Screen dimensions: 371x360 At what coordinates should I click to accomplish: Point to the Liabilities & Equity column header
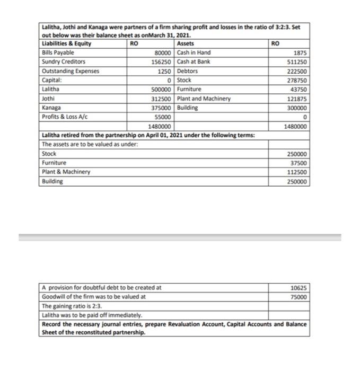66,44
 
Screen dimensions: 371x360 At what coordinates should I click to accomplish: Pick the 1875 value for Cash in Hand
299,53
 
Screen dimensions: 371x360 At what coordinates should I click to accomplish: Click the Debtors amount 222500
296,71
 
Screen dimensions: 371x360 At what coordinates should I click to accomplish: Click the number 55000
163,117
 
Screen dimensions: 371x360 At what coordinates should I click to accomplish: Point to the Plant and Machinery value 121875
296,99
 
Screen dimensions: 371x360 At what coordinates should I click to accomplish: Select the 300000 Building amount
296,108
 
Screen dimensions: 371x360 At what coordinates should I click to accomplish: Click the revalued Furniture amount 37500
298,163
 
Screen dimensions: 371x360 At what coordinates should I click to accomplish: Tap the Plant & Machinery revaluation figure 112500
296,172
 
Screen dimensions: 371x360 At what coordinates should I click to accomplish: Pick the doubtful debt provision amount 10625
298,288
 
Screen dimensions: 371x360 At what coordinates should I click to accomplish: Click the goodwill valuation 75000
298,297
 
